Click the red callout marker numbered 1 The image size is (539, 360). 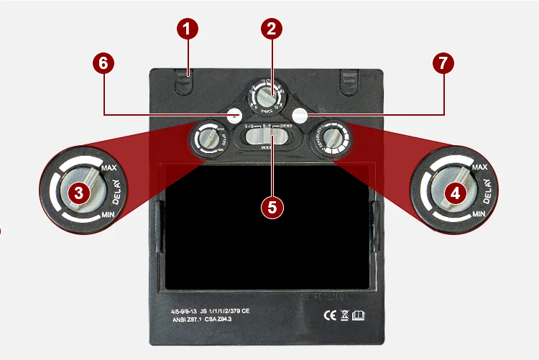click(188, 30)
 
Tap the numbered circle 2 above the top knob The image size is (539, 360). click(270, 29)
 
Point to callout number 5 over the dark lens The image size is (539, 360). click(271, 207)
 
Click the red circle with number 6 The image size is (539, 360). click(103, 63)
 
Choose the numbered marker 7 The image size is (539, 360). click(443, 63)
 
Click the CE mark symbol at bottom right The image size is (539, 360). click(330, 313)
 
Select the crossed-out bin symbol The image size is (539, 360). click(345, 313)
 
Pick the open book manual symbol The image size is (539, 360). click(359, 313)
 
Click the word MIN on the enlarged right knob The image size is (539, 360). click(480, 214)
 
